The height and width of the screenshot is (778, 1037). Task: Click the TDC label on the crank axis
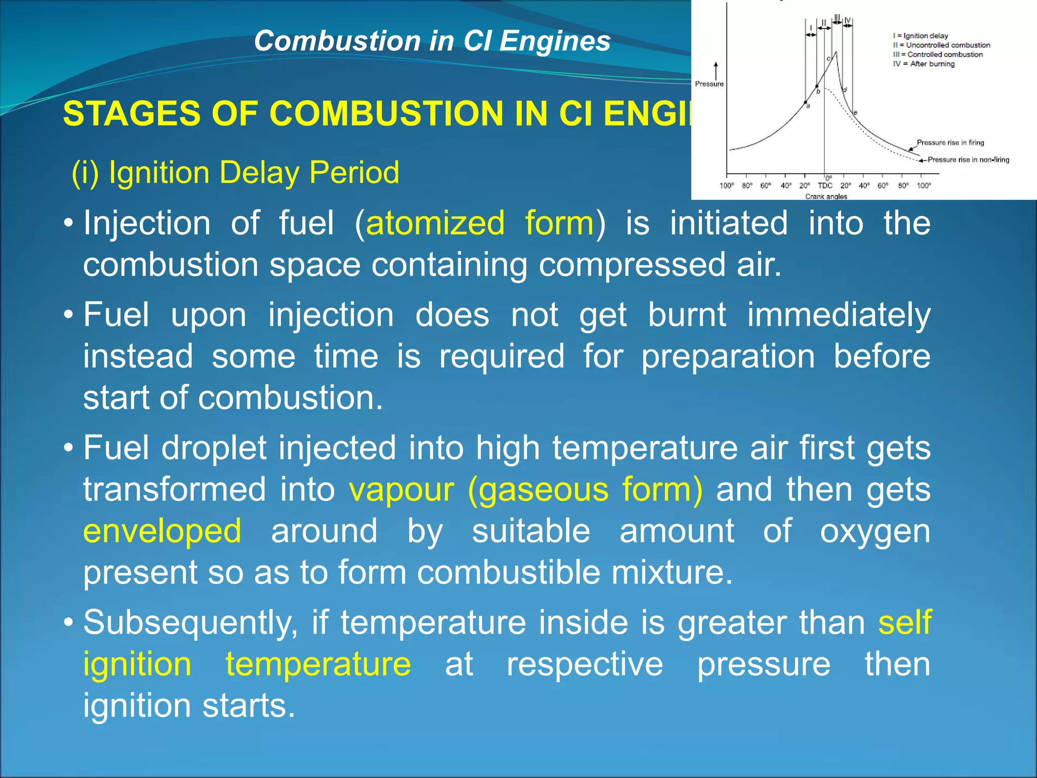coord(825,186)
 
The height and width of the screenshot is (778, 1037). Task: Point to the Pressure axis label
coord(709,84)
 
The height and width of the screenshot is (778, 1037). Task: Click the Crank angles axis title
coord(826,197)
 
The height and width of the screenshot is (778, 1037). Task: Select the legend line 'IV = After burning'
coord(924,64)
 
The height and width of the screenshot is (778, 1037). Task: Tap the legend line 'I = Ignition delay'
coord(920,36)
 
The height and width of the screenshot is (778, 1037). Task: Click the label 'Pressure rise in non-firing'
coord(968,160)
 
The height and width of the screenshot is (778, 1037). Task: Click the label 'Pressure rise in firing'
coord(950,143)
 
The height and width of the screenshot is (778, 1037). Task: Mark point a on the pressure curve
coord(806,103)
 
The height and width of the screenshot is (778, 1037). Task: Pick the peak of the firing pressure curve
coord(835,52)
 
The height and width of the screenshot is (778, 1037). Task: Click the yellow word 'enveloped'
coord(162,531)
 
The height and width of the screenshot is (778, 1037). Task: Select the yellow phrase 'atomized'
coord(435,223)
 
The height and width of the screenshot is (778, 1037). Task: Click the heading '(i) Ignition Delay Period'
coord(235,172)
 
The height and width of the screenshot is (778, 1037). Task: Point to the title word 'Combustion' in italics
coord(337,41)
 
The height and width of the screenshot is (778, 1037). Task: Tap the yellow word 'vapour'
coord(401,489)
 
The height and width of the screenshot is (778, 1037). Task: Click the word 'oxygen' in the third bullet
coord(875,531)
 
